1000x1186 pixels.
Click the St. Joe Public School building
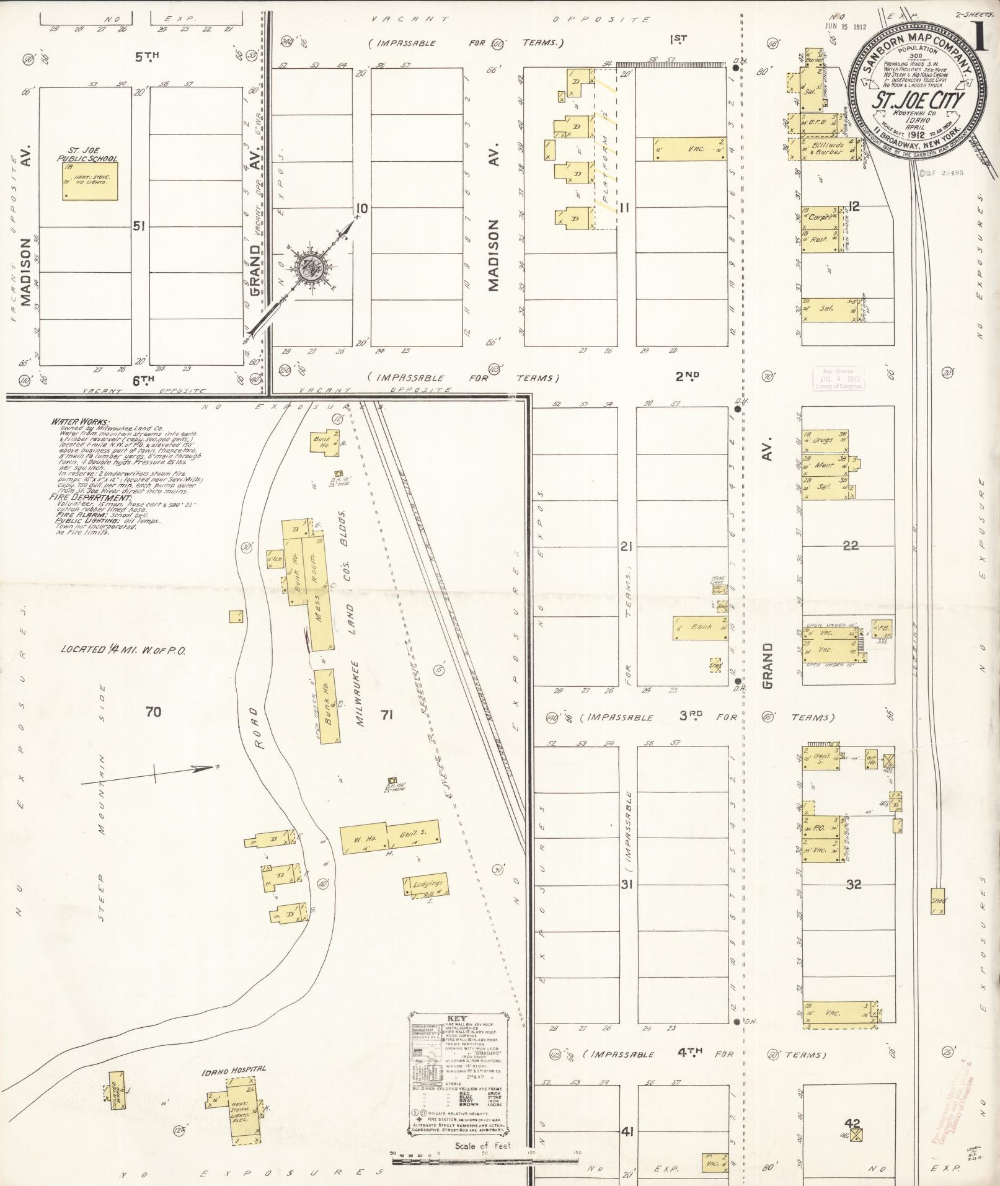pos(90,181)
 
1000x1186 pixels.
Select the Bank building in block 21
pos(700,627)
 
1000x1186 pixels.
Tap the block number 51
pos(139,226)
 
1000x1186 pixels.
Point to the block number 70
pos(153,712)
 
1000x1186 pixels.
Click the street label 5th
pos(148,56)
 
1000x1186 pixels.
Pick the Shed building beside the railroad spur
pos(938,901)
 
